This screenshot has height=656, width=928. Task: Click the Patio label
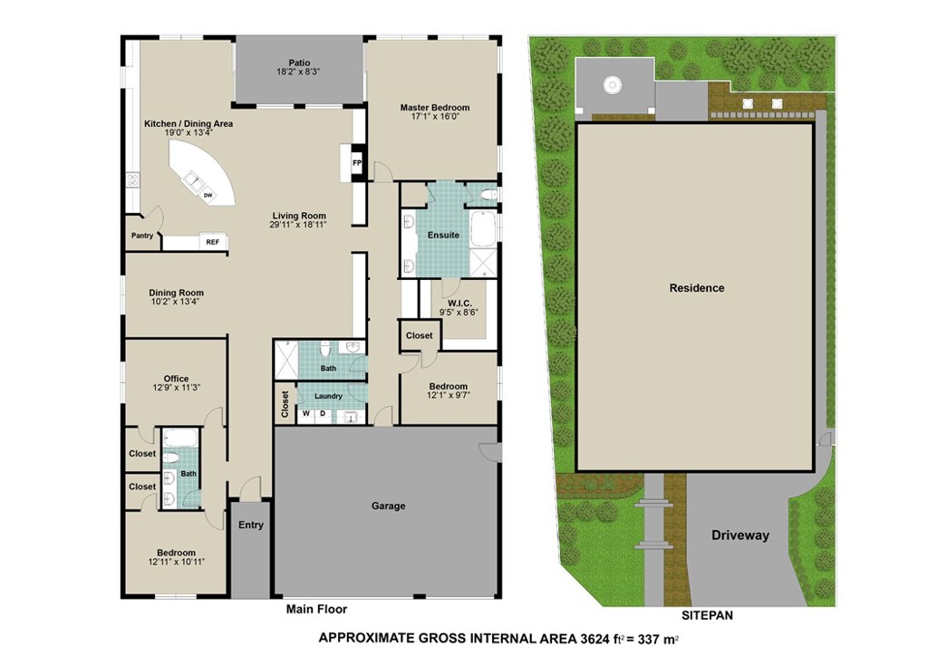(x=299, y=63)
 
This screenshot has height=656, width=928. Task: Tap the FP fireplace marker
(x=357, y=163)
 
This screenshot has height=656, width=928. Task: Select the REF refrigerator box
(x=212, y=242)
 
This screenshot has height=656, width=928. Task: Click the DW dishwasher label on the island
(x=208, y=195)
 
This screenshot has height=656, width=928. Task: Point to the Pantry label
(x=142, y=236)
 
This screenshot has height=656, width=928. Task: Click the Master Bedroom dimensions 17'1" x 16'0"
(x=435, y=117)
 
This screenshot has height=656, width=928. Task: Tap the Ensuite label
(x=443, y=235)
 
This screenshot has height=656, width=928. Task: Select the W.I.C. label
(x=459, y=304)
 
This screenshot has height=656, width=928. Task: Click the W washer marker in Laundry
(x=306, y=413)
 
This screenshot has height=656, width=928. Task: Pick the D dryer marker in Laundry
(x=323, y=413)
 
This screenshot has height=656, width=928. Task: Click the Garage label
(x=388, y=506)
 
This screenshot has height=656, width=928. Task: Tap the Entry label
(x=251, y=525)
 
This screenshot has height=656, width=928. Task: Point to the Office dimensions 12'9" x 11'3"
(x=177, y=388)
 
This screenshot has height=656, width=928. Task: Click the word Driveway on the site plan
(x=740, y=535)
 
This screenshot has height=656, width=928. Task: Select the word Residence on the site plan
(x=697, y=288)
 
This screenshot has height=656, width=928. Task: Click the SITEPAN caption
(x=707, y=615)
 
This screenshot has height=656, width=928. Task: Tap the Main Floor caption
(x=316, y=609)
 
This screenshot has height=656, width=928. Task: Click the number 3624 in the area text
(x=594, y=638)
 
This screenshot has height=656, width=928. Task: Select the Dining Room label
(x=176, y=293)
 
